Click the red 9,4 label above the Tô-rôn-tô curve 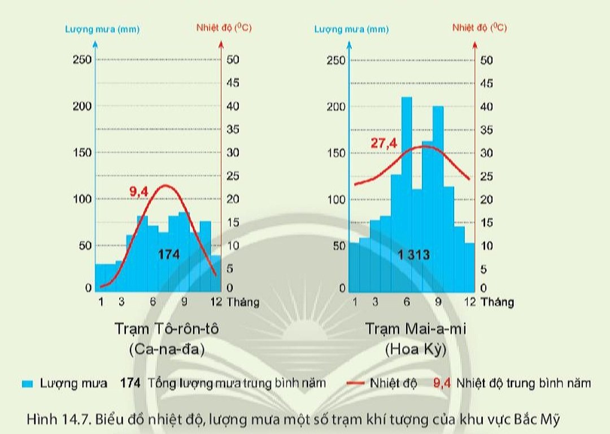[139, 192]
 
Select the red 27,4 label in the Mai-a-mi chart [384, 143]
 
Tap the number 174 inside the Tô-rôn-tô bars [168, 255]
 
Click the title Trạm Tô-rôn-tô [167, 328]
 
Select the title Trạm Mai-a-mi [416, 328]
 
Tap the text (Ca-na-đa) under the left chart [167, 349]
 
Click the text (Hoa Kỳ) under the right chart [416, 349]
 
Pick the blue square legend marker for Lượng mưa [27, 384]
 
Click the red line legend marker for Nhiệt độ [355, 384]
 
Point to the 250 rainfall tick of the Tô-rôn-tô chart [82, 60]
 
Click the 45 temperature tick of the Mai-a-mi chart [486, 84]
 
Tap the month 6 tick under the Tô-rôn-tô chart [152, 302]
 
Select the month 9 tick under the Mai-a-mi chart [438, 302]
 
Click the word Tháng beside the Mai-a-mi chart [497, 302]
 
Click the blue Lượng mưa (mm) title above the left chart [102, 28]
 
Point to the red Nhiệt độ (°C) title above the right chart [479, 27]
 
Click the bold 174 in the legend [130, 384]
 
